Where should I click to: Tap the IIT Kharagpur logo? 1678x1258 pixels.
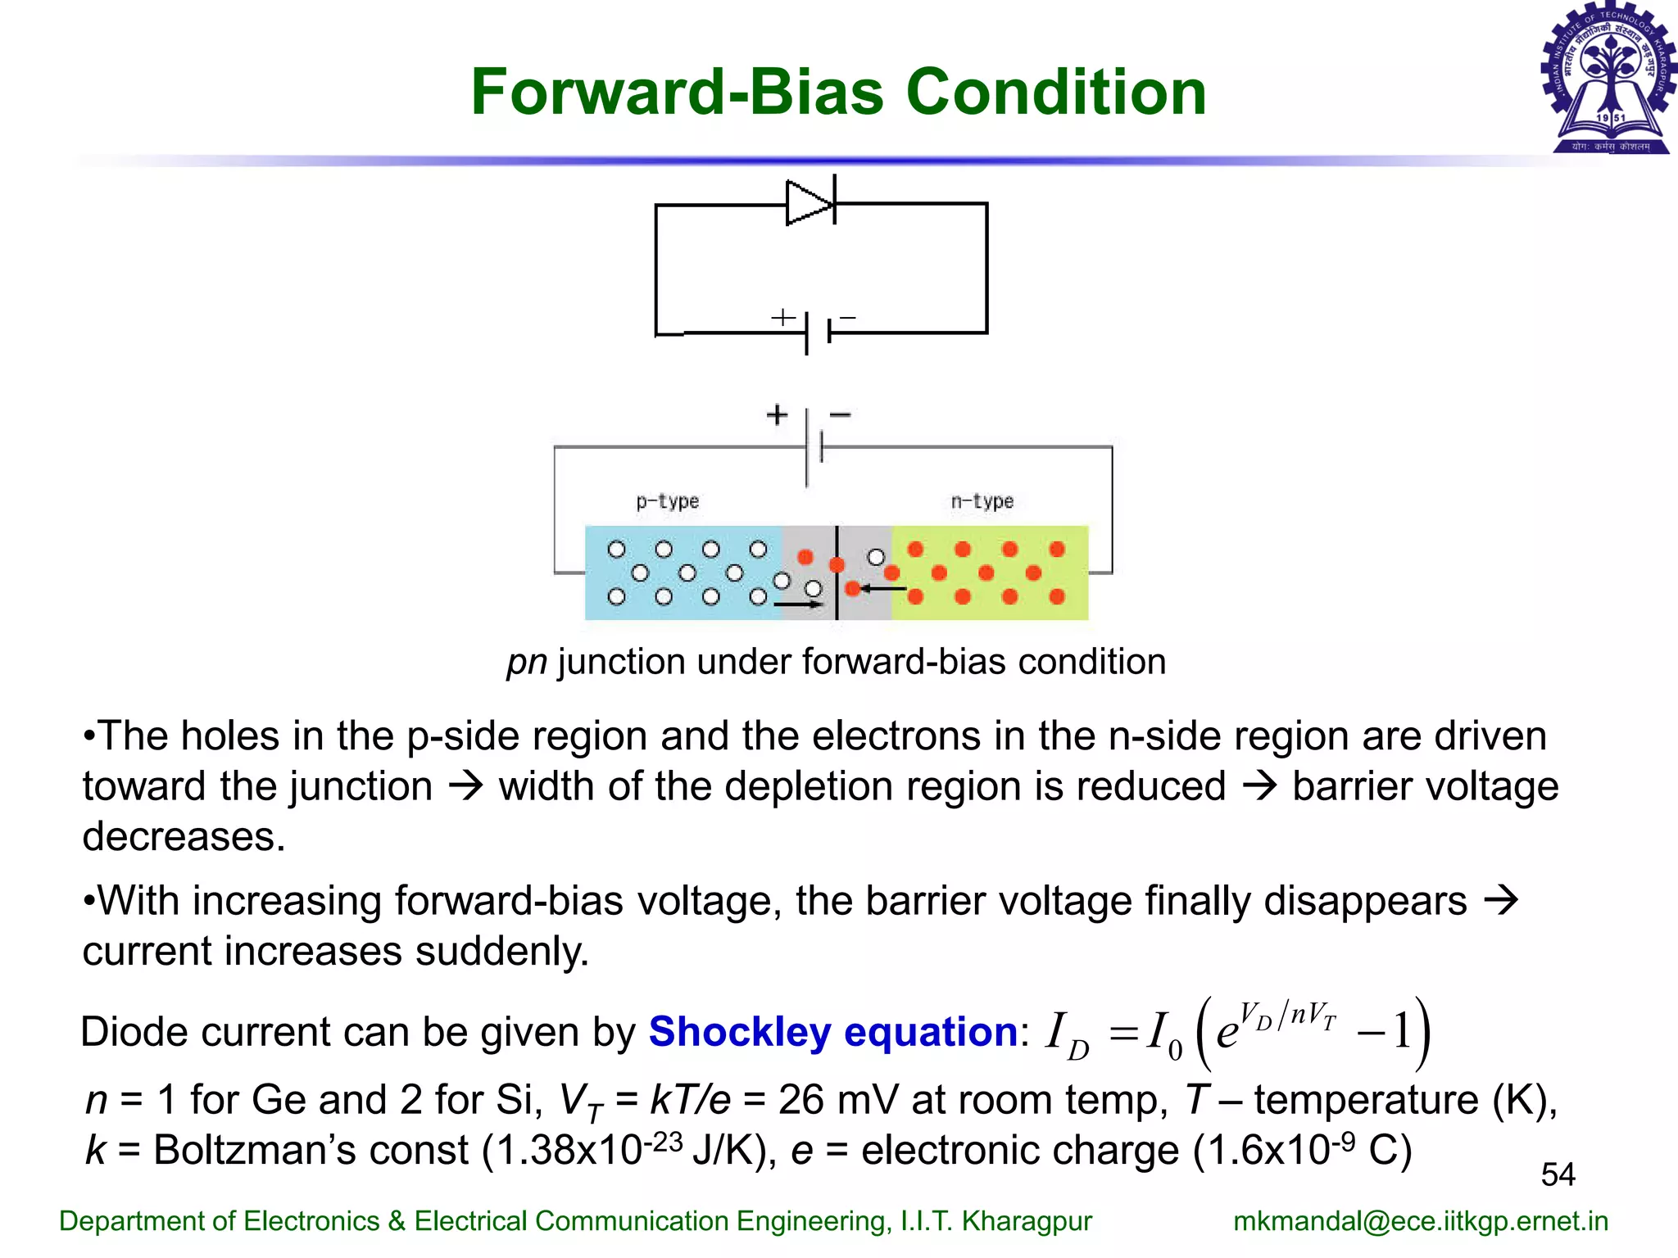point(1609,80)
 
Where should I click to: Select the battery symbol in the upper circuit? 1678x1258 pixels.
point(818,332)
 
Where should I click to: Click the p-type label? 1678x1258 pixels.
point(667,501)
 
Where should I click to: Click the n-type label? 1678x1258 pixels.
point(982,501)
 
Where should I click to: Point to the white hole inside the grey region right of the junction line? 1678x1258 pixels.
point(876,558)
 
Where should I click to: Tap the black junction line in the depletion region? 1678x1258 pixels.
point(837,573)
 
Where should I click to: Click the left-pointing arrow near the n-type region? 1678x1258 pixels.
point(883,588)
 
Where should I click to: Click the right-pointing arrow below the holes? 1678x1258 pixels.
point(798,604)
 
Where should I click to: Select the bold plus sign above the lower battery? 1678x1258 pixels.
point(777,414)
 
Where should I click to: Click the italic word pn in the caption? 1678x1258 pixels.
point(526,662)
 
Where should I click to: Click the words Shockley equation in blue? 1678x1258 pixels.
point(832,1031)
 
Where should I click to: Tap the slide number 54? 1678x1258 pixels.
point(1558,1174)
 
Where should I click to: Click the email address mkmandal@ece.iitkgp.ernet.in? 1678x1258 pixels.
point(1421,1221)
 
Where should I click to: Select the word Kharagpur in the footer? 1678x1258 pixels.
point(1026,1221)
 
